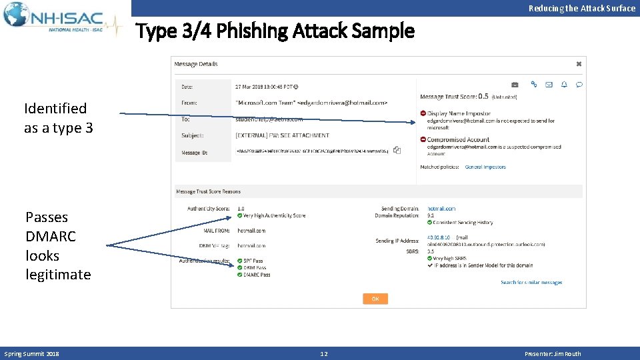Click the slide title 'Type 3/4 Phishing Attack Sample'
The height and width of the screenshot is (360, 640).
pos(275,31)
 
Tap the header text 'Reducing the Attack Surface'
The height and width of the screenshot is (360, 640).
pos(581,8)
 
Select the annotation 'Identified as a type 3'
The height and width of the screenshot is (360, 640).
pos(58,117)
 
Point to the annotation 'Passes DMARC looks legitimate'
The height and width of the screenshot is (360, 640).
pos(58,245)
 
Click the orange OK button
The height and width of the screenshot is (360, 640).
pos(375,299)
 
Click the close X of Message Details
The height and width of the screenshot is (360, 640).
pos(579,64)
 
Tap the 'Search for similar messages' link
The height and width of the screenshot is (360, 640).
pos(531,283)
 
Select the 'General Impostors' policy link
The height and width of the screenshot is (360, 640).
pos(485,167)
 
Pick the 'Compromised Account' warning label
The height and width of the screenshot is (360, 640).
pos(458,139)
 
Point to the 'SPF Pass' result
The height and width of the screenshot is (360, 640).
pos(253,261)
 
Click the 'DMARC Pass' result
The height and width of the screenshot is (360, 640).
pos(257,275)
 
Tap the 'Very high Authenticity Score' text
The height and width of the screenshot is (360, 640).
pos(274,215)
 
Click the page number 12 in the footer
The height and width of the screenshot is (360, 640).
pos(324,353)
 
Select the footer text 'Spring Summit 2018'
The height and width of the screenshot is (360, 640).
pos(32,353)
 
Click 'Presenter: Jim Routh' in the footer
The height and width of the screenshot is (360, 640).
pos(553,353)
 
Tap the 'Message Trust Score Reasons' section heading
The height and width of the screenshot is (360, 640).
pos(208,192)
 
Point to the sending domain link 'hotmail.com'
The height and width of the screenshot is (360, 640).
pos(441,209)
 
